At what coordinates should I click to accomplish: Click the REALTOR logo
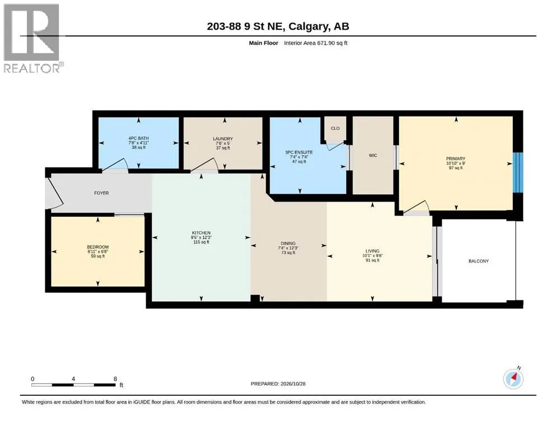[32, 38]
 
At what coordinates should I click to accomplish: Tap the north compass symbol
[513, 378]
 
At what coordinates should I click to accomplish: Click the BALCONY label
[478, 261]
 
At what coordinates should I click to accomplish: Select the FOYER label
[101, 193]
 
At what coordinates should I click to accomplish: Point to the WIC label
[373, 155]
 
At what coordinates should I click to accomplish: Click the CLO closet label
[335, 128]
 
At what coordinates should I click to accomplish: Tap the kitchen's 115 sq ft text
[201, 242]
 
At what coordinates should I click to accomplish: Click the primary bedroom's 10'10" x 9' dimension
[456, 163]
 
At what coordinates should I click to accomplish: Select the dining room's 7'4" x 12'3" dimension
[288, 248]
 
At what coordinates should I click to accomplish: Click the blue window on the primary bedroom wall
[518, 172]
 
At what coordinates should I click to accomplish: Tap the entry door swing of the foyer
[55, 193]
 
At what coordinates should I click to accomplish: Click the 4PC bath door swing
[115, 165]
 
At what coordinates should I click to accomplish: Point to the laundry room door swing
[204, 165]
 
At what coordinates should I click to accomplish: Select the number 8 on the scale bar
[115, 378]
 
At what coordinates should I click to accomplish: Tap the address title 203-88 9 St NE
[245, 26]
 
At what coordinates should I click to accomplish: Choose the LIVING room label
[372, 251]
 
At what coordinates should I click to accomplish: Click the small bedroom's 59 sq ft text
[98, 256]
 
